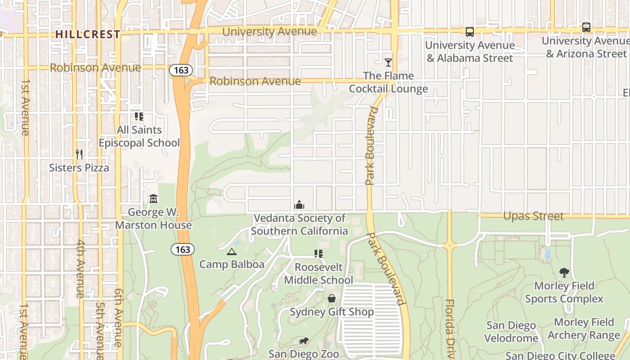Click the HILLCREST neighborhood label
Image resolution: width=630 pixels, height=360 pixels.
point(88,34)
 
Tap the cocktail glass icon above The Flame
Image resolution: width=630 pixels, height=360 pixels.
point(388,62)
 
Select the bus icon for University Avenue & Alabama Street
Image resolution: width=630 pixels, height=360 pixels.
point(469,31)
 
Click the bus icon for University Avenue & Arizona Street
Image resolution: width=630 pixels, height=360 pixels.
point(586,27)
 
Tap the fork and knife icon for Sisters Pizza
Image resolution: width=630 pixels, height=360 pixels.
point(79,154)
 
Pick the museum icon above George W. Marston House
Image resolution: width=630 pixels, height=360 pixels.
point(153,198)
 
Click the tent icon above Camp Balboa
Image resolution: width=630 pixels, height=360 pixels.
point(231,252)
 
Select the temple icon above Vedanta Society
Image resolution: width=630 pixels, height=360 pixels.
point(299,205)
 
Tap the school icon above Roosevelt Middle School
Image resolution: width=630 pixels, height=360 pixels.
point(319,254)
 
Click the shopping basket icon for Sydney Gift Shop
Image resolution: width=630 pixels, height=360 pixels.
point(332,298)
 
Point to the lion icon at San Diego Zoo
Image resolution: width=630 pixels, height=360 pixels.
point(304,341)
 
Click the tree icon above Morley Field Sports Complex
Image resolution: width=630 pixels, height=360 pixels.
point(564,272)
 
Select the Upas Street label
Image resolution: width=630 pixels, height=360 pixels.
point(533,216)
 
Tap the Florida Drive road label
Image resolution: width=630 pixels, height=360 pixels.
point(449,328)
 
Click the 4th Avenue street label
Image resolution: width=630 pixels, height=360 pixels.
point(81,274)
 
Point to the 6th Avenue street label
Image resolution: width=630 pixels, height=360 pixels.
point(118,317)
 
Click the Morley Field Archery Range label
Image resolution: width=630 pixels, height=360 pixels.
point(584,328)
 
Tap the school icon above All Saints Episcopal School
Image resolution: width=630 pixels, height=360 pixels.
point(139,117)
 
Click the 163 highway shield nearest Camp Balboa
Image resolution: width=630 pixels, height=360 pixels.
point(182,249)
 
